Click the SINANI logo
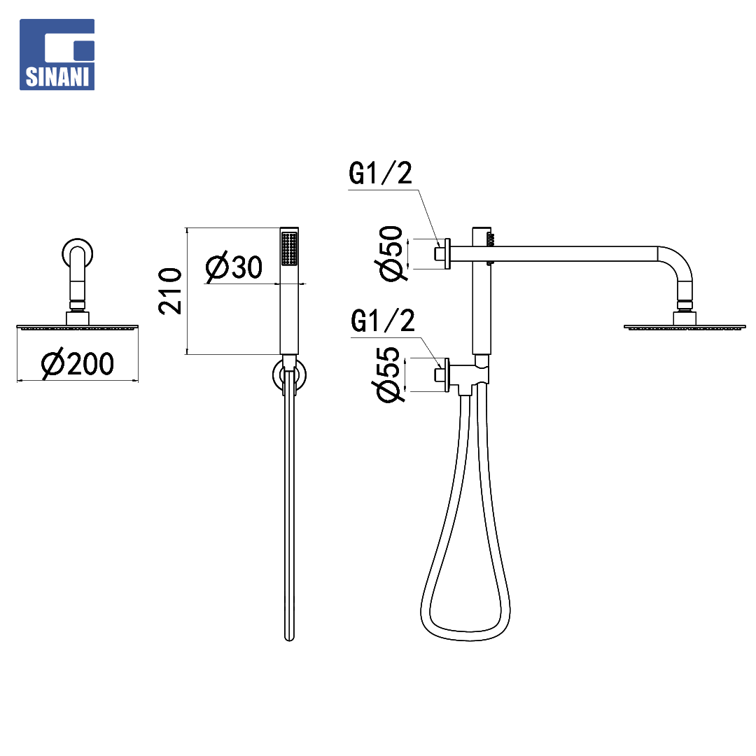click(x=57, y=55)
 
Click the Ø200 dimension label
click(x=78, y=363)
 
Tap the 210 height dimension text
click(x=170, y=290)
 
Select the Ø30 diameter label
click(x=234, y=267)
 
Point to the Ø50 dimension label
click(x=391, y=253)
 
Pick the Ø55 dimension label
click(x=388, y=374)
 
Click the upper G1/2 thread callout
click(x=380, y=174)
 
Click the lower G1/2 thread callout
click(x=383, y=321)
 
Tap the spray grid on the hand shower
click(x=289, y=248)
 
